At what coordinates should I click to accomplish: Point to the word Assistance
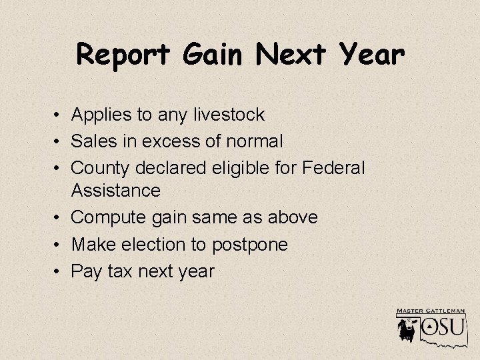(116, 191)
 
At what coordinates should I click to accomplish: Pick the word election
(153, 245)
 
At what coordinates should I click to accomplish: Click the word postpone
(250, 245)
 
